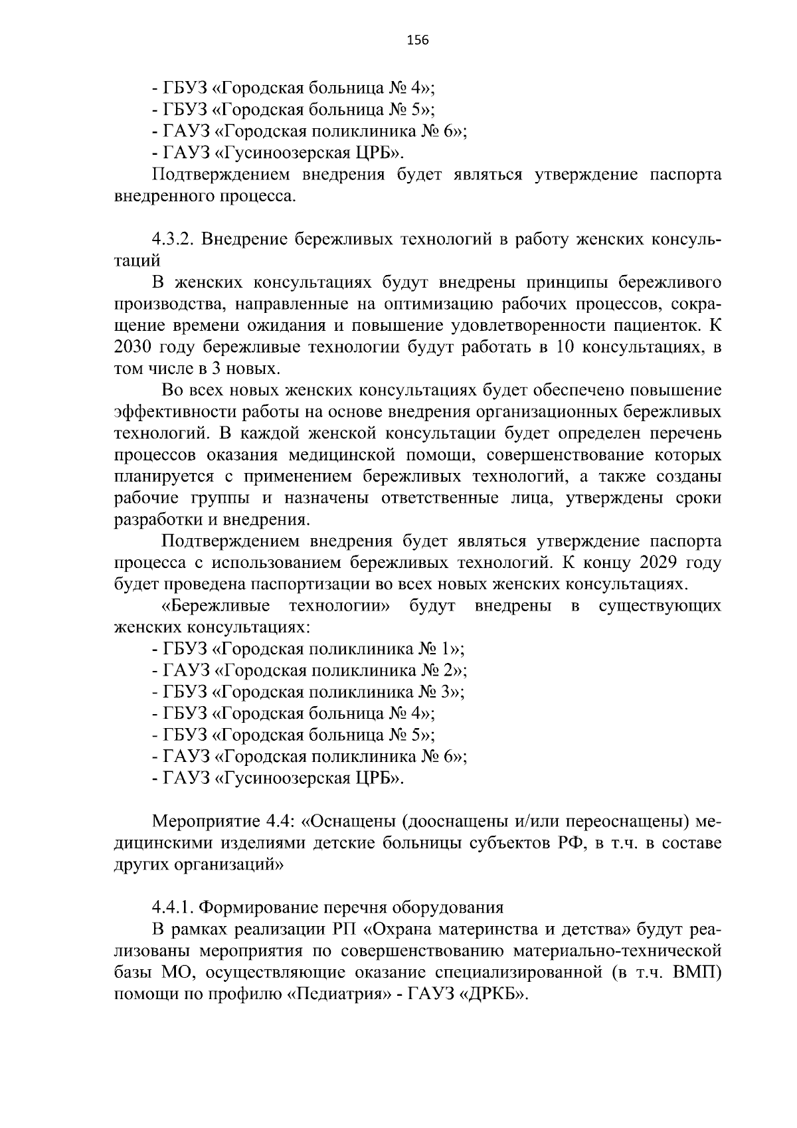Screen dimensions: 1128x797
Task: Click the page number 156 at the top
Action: [x=418, y=41]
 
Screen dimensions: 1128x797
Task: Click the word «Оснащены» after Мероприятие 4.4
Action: [x=349, y=821]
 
